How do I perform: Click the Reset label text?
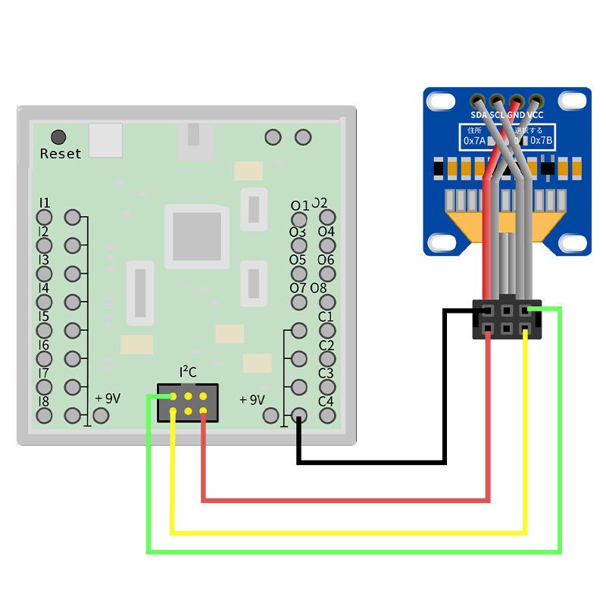click(61, 154)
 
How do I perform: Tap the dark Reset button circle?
click(58, 137)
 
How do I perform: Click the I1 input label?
click(45, 203)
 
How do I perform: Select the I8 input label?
click(44, 401)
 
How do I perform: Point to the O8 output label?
click(318, 288)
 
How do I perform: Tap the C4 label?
click(326, 401)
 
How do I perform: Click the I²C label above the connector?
click(188, 372)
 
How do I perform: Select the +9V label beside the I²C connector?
click(252, 399)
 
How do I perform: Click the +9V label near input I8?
click(108, 398)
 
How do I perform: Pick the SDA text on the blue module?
click(479, 115)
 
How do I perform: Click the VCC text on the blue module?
click(536, 115)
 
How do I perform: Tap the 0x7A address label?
click(474, 141)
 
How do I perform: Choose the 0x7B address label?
click(542, 141)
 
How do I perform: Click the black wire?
click(371, 461)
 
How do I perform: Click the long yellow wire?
click(348, 533)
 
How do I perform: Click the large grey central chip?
click(197, 236)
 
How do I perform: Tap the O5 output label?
click(298, 260)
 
